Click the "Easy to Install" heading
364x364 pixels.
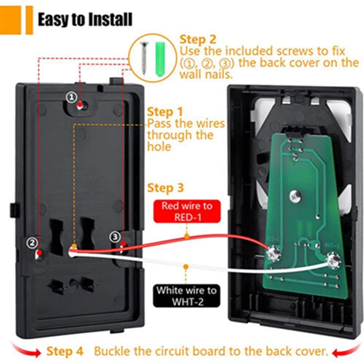pos(85,20)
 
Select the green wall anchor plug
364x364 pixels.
pos(160,59)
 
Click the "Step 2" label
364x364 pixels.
pos(198,39)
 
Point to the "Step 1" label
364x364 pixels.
pos(165,112)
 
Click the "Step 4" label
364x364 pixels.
pos(65,351)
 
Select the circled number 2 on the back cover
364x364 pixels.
pos(32,243)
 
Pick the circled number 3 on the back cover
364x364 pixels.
pos(115,237)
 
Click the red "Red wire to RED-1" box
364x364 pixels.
pos(187,211)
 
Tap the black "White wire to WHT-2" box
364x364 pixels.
pos(186,296)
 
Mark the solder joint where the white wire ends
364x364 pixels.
pos(333,261)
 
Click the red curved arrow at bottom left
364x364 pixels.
pos(25,350)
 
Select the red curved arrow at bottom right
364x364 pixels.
pos(347,351)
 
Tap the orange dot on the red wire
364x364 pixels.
pos(187,236)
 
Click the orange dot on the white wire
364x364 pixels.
pos(186,267)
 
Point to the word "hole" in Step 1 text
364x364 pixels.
pos(159,147)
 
